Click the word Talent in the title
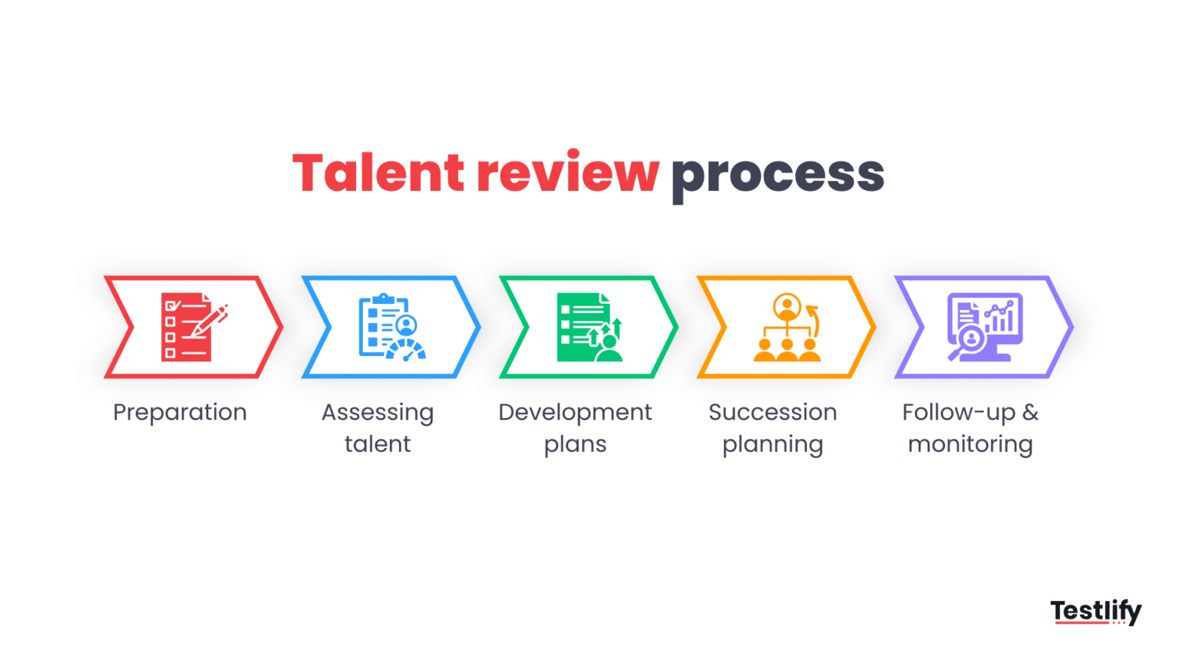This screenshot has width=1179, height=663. coord(378,173)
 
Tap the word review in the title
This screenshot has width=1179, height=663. coord(567,173)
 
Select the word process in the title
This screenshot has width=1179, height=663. coord(778,175)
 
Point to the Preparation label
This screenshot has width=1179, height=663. coord(180,413)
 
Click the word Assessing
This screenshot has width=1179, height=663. coord(378,413)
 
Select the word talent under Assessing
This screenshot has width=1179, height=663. coord(378,444)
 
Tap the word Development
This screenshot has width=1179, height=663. coord(575,413)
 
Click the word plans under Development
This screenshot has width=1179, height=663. coord(575,445)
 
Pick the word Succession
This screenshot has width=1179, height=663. coord(772,413)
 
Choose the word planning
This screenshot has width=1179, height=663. coord(772,445)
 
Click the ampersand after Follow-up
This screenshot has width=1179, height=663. coord(1030,413)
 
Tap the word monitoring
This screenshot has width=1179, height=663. coord(970,445)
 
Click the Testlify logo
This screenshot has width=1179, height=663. coord(1095,612)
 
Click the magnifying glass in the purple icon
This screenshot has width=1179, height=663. coord(968,341)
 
